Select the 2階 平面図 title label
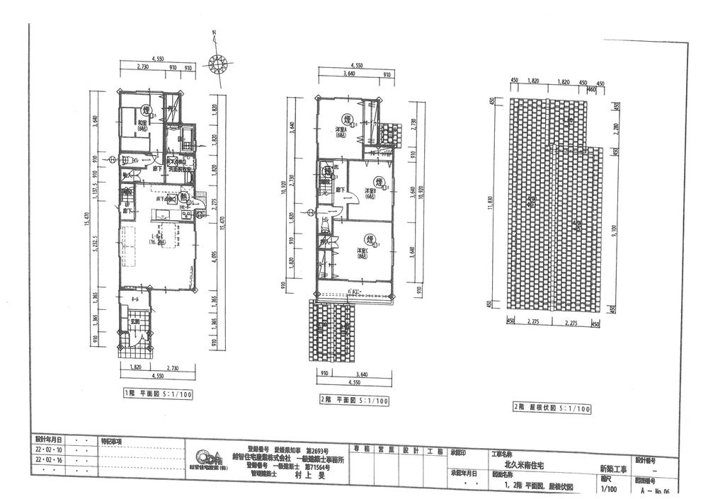(355, 400)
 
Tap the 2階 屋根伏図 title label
(542, 408)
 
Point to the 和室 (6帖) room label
(143, 125)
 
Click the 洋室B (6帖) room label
(373, 193)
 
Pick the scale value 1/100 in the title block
(607, 488)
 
